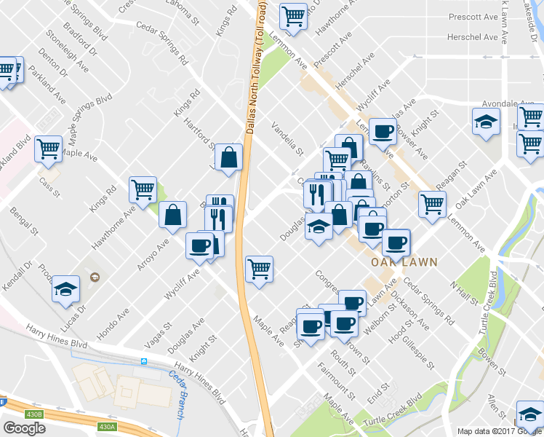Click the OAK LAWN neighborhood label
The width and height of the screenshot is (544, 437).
point(396,261)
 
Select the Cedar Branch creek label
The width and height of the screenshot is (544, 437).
point(177,393)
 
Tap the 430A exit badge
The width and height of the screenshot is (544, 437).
point(107,427)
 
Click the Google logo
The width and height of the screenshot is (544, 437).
point(24,428)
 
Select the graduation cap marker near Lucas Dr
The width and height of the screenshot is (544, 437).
point(65,289)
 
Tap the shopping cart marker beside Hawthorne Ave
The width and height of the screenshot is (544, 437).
point(143,189)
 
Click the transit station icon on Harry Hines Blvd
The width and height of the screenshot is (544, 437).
point(144,361)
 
